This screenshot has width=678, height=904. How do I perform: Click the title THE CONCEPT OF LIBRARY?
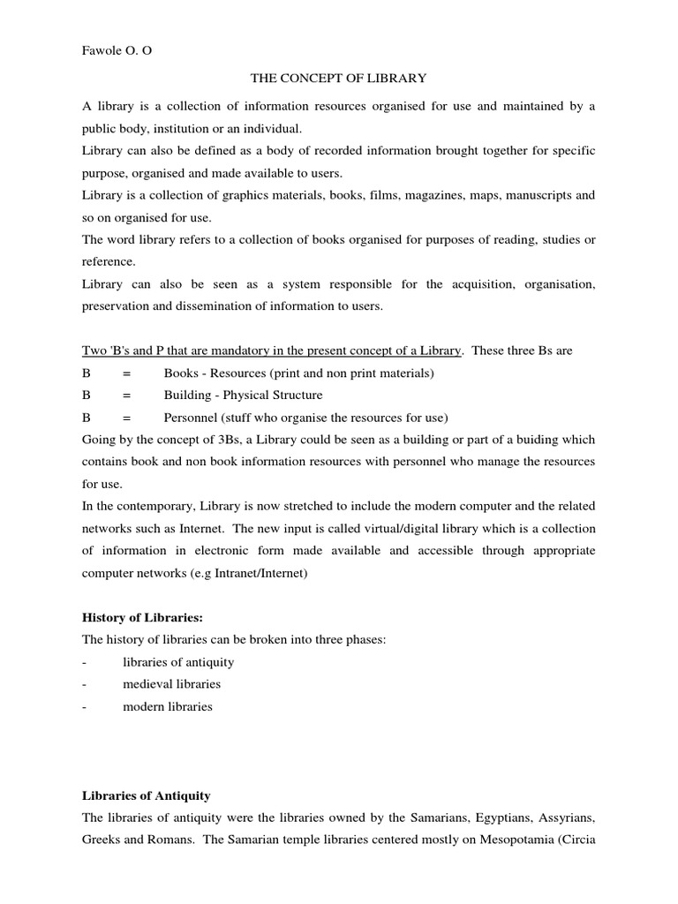(339, 79)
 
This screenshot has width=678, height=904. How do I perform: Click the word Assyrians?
(562, 817)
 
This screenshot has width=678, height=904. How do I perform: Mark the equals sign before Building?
(126, 395)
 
